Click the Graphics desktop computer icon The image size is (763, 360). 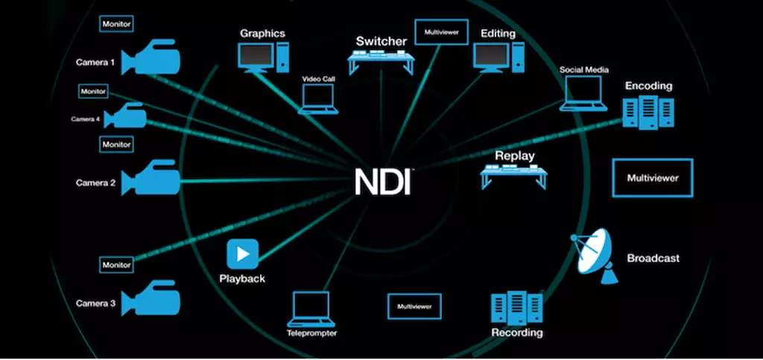click(262, 57)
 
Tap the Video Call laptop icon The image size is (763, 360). click(318, 99)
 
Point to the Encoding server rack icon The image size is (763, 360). click(648, 112)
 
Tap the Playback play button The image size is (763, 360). click(242, 254)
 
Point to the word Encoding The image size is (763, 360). click(648, 86)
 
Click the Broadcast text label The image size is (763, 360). click(653, 258)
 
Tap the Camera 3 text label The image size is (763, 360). click(95, 303)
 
